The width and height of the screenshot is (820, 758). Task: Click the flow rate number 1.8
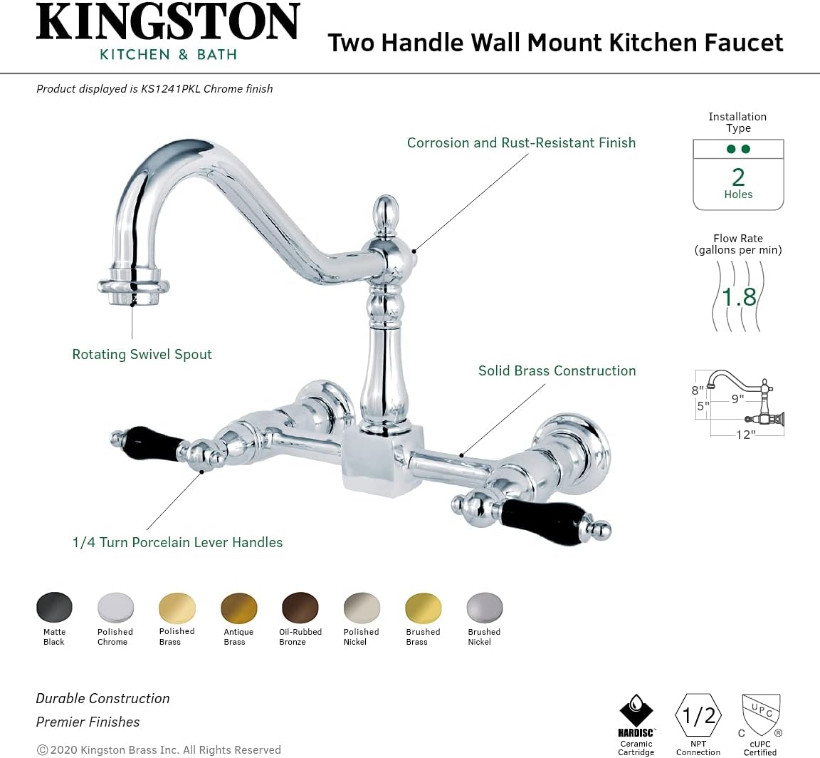point(739,296)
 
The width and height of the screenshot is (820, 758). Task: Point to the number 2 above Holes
point(738,176)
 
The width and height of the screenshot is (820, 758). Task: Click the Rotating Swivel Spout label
point(142,354)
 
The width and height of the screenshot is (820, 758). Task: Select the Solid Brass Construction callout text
point(557,370)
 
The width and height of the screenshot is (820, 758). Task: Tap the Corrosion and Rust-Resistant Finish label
point(521,142)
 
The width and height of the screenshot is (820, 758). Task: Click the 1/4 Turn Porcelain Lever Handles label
point(177,542)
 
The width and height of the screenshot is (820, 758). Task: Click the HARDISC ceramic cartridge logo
point(636,714)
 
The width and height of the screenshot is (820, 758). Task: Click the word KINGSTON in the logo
point(169,23)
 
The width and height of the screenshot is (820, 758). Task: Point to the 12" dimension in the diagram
point(745,435)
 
